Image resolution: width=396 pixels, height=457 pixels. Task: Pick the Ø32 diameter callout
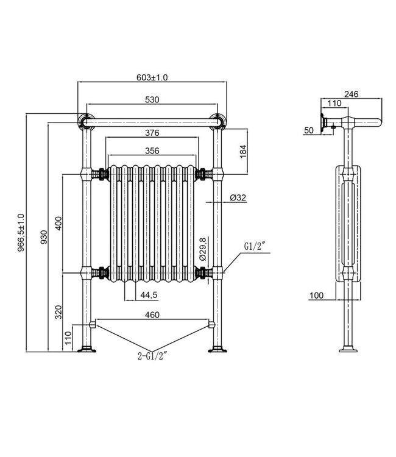tap(238, 197)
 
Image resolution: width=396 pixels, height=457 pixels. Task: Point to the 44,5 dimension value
tap(148, 296)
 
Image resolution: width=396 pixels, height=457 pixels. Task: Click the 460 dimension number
tap(152, 315)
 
